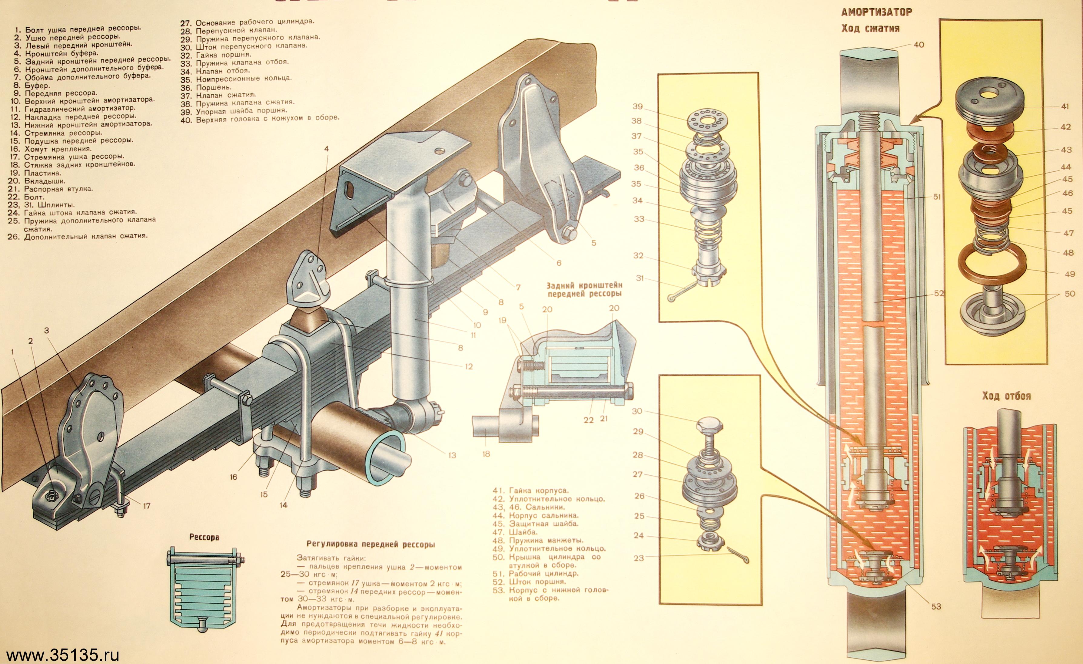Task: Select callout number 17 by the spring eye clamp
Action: (146, 506)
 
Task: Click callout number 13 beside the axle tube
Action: (452, 455)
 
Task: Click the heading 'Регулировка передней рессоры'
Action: (370, 544)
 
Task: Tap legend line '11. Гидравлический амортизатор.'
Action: (80, 108)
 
